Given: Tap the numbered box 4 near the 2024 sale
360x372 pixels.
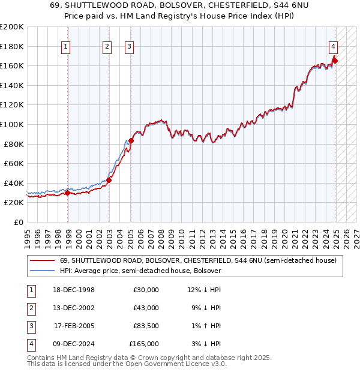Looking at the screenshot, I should click(x=333, y=46).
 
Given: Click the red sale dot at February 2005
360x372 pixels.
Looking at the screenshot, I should click(x=131, y=140).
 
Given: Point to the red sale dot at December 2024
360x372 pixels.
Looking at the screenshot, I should click(x=335, y=61).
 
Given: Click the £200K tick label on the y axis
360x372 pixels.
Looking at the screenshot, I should click(x=12, y=27).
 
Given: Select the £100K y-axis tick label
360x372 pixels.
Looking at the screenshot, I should click(x=12, y=124).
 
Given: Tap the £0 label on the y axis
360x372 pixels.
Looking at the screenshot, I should click(x=18, y=222).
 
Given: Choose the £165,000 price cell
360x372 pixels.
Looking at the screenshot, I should click(x=145, y=344).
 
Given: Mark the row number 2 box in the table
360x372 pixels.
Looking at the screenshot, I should click(x=30, y=308).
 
